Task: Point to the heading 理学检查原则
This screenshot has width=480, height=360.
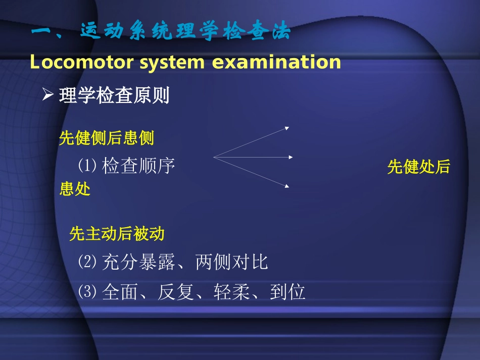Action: click(x=114, y=95)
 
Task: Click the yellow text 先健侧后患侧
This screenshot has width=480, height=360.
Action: click(x=107, y=137)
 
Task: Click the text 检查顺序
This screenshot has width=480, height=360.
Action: click(x=138, y=166)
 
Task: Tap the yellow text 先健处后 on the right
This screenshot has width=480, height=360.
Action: click(x=418, y=167)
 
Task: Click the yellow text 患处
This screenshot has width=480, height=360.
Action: click(x=75, y=189)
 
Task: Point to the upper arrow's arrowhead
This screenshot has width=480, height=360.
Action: click(x=287, y=128)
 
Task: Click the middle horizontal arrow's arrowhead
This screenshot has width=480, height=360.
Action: click(x=291, y=157)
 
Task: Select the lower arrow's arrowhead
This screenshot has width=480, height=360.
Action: click(x=287, y=186)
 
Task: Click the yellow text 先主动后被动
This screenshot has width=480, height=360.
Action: click(x=117, y=234)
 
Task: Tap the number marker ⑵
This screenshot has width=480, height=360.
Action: click(x=87, y=262)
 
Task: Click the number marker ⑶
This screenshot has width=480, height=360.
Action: click(x=87, y=292)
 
